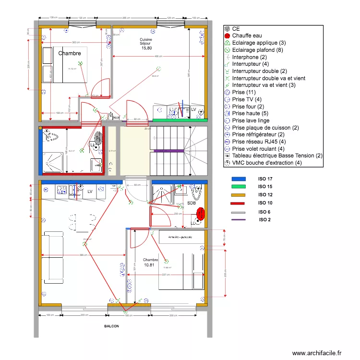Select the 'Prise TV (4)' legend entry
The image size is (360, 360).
(247, 99)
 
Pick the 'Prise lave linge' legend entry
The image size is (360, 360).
(250, 120)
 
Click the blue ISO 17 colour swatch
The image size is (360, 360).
(238, 179)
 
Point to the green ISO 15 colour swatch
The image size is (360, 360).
(238, 187)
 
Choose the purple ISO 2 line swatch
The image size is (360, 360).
(238, 220)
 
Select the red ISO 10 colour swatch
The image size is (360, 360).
(238, 203)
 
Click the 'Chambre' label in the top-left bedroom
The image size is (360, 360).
(70, 53)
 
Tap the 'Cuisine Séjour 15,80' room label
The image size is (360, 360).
(146, 44)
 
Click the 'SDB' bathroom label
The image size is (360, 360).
(192, 203)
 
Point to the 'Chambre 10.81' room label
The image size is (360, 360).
(150, 262)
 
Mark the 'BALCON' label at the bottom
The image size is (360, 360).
(112, 326)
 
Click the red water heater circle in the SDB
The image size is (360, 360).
(201, 213)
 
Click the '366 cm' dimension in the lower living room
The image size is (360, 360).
(83, 255)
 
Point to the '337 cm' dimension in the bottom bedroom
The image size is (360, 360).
(166, 275)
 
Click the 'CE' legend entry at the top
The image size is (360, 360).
(236, 29)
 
